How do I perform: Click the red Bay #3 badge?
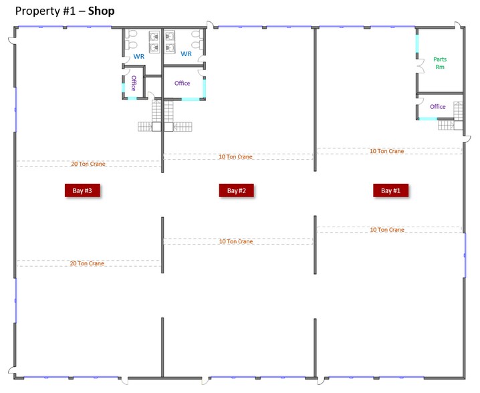tap(82, 190)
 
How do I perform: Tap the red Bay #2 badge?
tap(237, 190)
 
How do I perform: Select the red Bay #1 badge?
tap(390, 190)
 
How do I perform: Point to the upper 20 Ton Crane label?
tap(88, 163)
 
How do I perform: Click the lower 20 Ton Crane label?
tap(87, 263)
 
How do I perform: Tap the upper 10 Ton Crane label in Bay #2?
tap(235, 156)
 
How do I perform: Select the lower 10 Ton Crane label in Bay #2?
tap(235, 241)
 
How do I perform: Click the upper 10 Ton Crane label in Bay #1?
tap(387, 151)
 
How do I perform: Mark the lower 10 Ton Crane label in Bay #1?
tap(387, 229)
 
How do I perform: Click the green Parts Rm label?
tap(439, 63)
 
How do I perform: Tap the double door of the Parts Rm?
tap(420, 66)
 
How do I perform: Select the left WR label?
tap(138, 57)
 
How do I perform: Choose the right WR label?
tap(186, 53)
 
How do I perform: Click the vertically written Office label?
tap(134, 84)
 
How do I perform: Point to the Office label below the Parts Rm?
tap(437, 107)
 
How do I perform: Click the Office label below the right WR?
tap(182, 83)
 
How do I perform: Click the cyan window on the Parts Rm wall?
tap(417, 43)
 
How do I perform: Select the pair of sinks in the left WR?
tap(155, 41)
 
